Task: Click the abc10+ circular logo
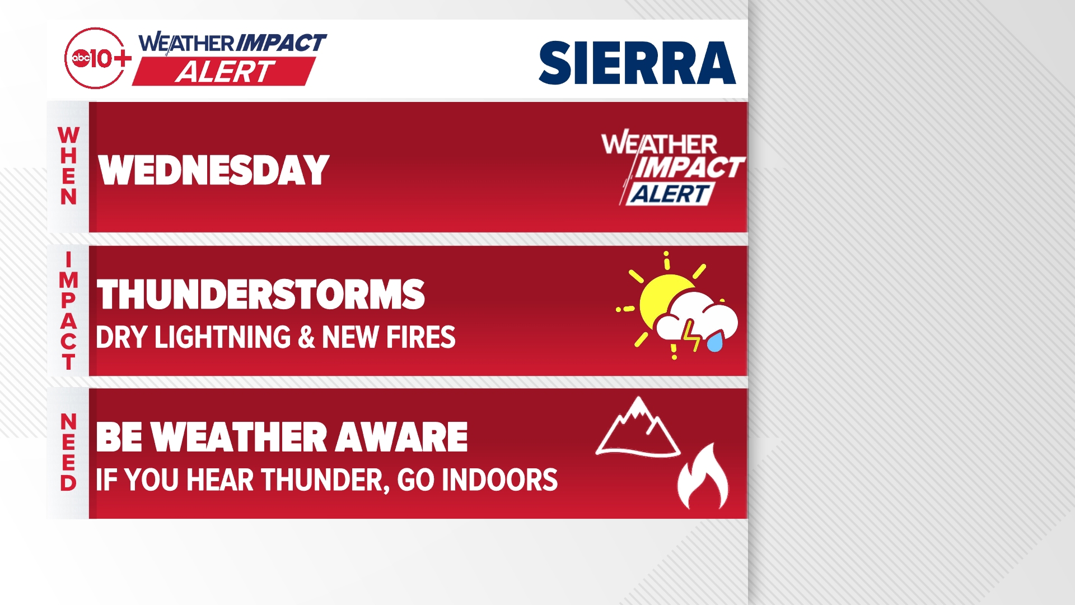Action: pos(95,58)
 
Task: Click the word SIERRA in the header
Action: pos(637,63)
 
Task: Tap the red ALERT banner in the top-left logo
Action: pos(224,72)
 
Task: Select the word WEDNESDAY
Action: pos(213,170)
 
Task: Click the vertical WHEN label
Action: pos(68,166)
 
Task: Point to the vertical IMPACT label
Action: pos(68,311)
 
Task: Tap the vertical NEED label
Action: pos(68,453)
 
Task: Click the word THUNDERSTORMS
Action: pos(260,295)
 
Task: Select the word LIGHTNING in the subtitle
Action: pos(222,337)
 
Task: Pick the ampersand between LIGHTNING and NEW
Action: pos(306,337)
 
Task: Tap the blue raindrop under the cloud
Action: pos(715,341)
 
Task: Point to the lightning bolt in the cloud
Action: pos(691,335)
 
